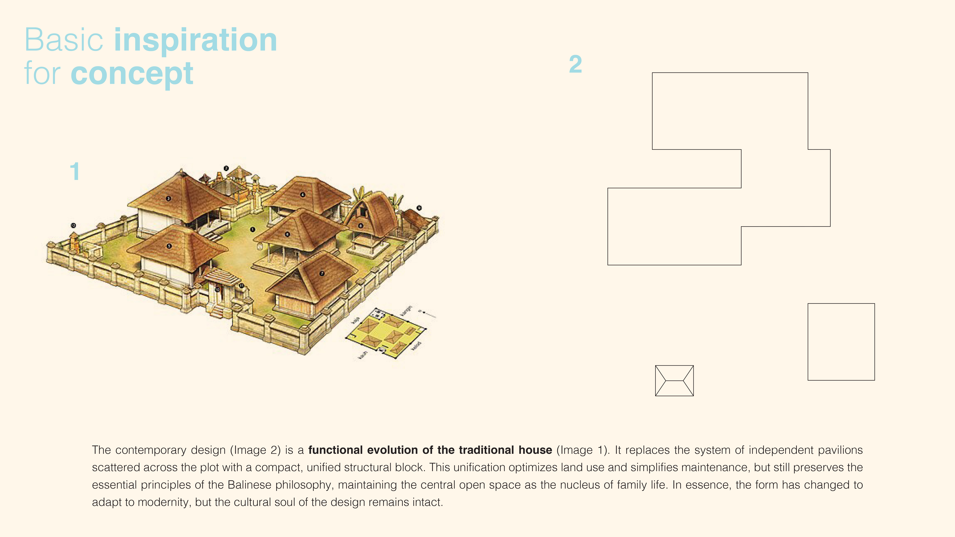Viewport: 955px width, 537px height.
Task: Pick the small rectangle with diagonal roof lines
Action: pos(674,381)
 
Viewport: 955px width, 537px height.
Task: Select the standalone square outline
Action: pos(841,342)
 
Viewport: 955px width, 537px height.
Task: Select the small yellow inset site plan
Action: pos(386,334)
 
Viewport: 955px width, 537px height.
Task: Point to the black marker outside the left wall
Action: pos(73,225)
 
